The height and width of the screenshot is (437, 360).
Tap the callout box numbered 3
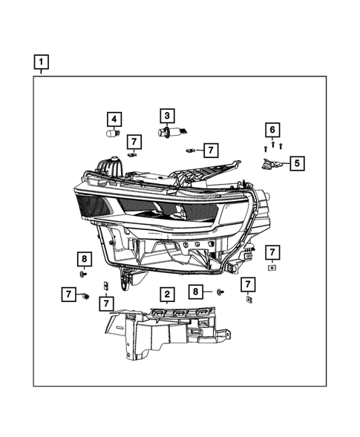(x=167, y=116)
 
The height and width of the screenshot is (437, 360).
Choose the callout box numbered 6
(x=272, y=131)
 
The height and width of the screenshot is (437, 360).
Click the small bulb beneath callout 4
(x=114, y=134)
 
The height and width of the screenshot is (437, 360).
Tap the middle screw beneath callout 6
(x=272, y=145)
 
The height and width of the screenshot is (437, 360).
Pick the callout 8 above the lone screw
(x=85, y=259)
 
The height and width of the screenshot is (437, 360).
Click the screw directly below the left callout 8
(x=84, y=273)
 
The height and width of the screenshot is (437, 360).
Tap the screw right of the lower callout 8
(x=220, y=292)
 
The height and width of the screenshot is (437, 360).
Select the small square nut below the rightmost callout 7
(x=272, y=266)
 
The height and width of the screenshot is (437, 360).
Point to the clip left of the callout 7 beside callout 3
(x=190, y=151)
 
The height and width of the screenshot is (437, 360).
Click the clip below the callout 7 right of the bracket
(x=247, y=300)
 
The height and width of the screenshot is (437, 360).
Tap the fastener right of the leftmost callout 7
(x=86, y=296)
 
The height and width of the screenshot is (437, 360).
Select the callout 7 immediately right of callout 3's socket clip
(x=210, y=151)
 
